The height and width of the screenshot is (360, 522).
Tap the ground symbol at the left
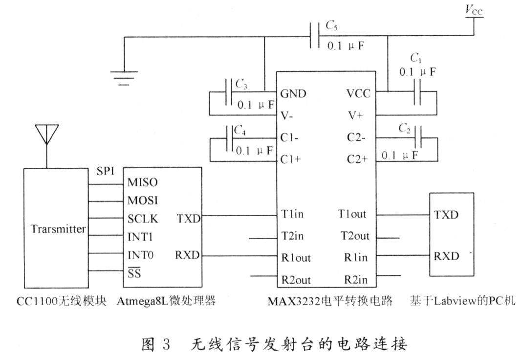click(x=124, y=76)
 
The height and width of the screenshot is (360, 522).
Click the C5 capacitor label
click(x=331, y=26)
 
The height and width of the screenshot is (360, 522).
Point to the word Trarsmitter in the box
click(x=58, y=229)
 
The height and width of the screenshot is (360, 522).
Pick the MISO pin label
click(x=142, y=182)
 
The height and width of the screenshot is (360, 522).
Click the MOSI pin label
click(x=142, y=201)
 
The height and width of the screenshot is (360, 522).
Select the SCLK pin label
click(x=143, y=219)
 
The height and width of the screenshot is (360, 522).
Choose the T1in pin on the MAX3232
click(x=292, y=214)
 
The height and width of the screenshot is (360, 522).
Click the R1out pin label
click(x=296, y=258)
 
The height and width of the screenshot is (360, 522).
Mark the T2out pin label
click(x=355, y=236)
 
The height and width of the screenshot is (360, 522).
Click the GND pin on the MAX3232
click(x=293, y=94)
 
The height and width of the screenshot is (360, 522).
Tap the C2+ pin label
click(x=357, y=159)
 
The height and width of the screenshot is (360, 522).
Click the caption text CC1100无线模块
click(x=57, y=301)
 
